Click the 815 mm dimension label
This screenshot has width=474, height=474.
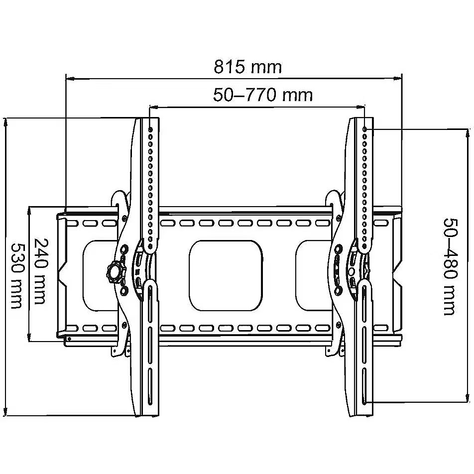coord(247,67)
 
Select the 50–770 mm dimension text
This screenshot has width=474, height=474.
coord(263,95)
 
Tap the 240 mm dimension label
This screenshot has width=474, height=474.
coord(41,271)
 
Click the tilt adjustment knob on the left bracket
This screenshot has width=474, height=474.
coord(115,272)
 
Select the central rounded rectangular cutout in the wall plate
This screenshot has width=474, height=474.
coord(226,275)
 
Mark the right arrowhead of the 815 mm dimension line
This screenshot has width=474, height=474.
coord(398,79)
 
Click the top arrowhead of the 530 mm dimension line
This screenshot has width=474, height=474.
coord(5,122)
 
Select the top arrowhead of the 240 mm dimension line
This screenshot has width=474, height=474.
coord(29,211)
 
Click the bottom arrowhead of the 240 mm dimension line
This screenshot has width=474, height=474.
coord(29,337)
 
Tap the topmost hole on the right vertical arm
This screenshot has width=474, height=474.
coord(365,129)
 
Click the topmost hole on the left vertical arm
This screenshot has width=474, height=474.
coord(150,129)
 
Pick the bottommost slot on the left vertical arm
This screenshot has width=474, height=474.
coord(150,386)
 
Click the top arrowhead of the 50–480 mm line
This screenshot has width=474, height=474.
coord(468,133)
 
